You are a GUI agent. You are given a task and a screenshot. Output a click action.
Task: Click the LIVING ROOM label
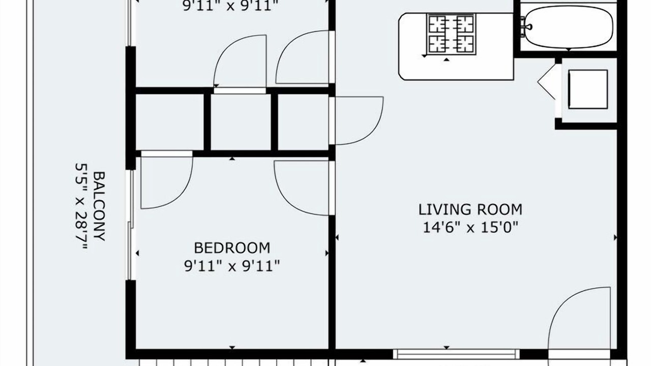tap(470, 209)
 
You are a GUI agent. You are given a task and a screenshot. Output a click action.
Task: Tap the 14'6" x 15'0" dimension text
tap(470, 227)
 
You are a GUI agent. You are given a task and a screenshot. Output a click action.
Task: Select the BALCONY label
tap(99, 206)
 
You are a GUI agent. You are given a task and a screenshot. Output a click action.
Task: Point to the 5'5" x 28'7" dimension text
tap(81, 206)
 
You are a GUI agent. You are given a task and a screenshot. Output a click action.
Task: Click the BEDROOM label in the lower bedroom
tap(232, 248)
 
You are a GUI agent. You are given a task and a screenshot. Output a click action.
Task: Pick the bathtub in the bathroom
tap(569, 27)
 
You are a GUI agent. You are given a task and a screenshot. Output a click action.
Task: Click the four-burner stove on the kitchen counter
tap(452, 34)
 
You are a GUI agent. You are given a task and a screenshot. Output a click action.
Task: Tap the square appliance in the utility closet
tap(588, 89)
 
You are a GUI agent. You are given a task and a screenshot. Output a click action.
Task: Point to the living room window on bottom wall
tap(456, 354)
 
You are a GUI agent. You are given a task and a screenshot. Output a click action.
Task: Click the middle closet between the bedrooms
tap(241, 122)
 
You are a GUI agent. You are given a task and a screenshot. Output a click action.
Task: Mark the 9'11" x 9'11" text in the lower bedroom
tap(232, 266)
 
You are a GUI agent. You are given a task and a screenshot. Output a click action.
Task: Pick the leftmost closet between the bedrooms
tap(170, 122)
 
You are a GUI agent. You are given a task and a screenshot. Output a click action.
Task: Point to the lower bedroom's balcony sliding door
tap(131, 225)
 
